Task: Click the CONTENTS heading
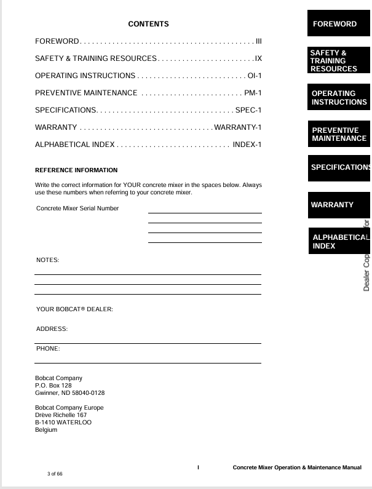148,24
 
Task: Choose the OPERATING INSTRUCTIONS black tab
338,98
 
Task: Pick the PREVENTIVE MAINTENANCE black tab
338,134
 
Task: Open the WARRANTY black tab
338,204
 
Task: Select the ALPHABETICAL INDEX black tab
338,242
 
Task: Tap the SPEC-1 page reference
248,110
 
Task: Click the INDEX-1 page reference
248,145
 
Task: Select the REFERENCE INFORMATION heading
76,170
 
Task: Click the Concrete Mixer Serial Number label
77,209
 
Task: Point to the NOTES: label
48,261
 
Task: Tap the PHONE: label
48,349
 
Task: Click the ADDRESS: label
52,329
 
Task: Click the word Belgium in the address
46,430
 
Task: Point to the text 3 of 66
55,474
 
